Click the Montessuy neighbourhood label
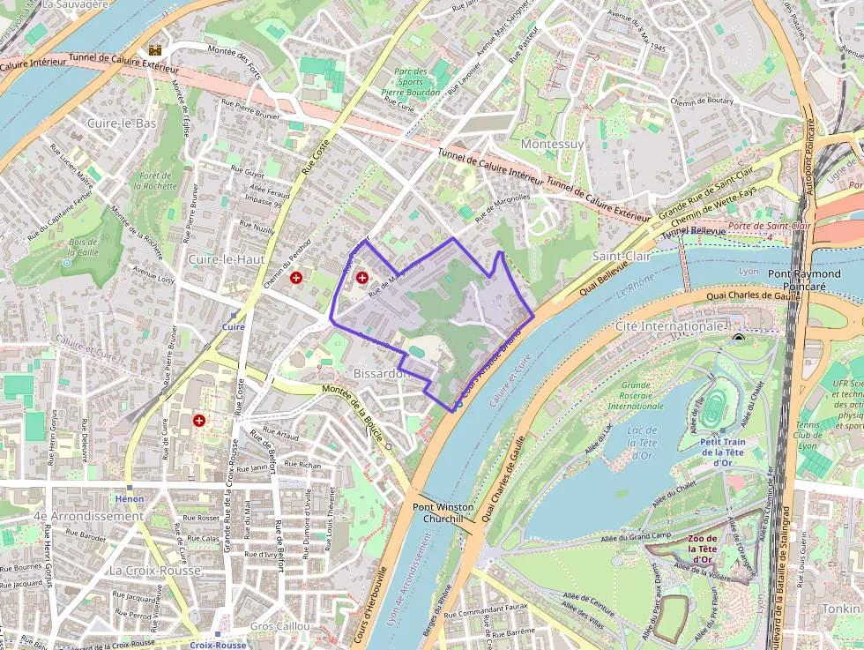553,143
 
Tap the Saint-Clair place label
621,255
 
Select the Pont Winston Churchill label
443,513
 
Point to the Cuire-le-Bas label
122,123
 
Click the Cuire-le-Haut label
226,259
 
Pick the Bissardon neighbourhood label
382,373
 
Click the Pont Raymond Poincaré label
803,280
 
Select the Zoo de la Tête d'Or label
703,549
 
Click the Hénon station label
129,499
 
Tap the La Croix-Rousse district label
155,570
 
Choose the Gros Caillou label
275,625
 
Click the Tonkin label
842,609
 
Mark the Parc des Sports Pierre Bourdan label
410,81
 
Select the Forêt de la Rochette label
156,181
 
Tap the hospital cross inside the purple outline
361,278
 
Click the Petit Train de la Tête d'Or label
724,452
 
